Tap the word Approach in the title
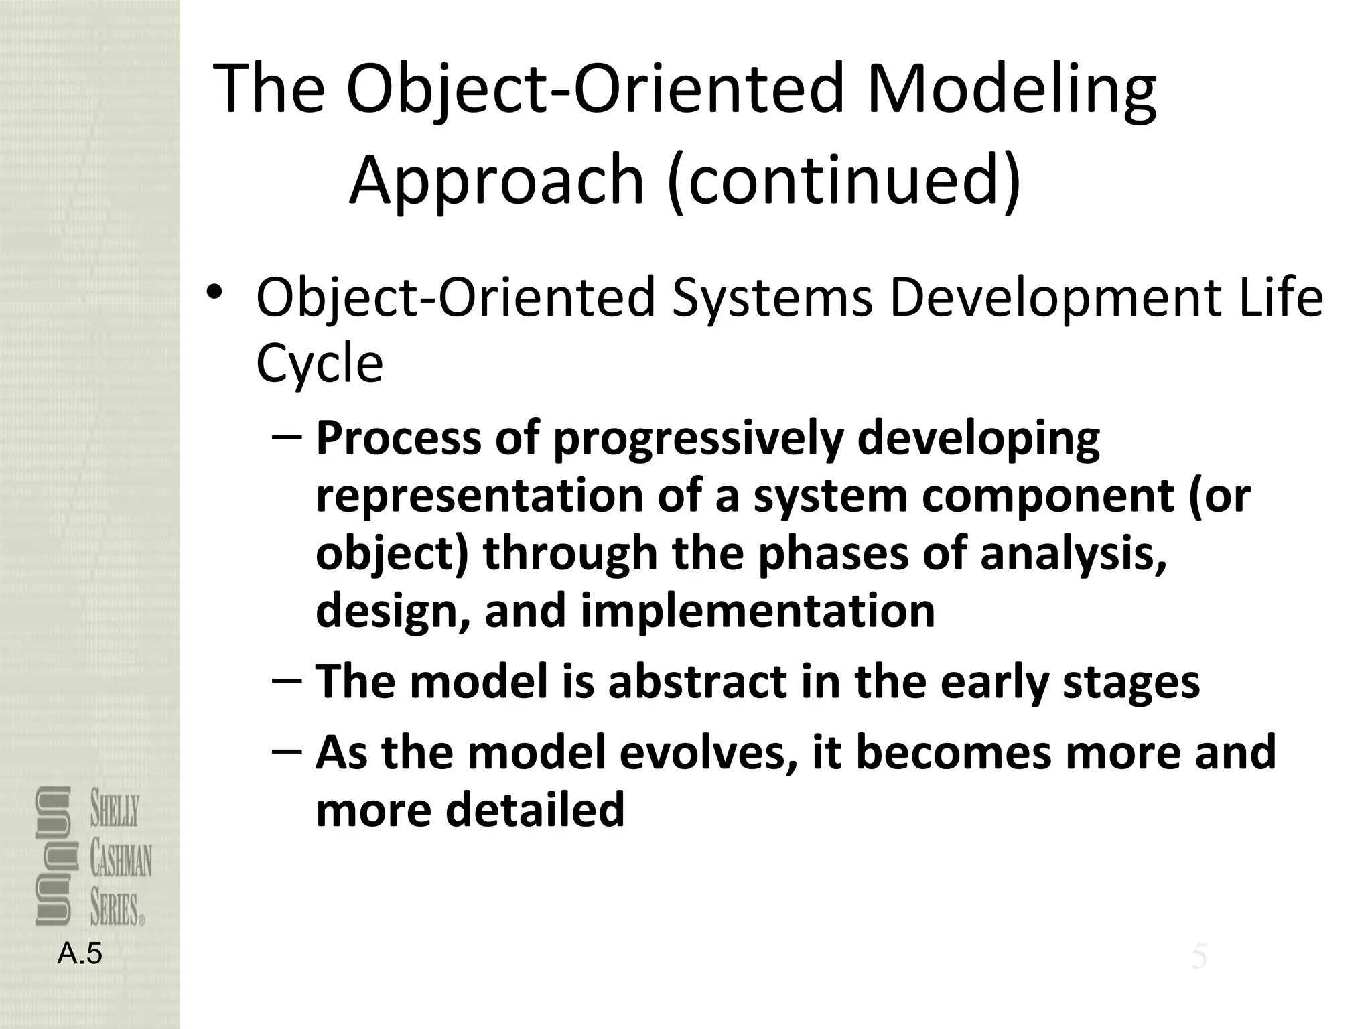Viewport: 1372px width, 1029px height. pos(496,180)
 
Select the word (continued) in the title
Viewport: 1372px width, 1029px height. pos(845,180)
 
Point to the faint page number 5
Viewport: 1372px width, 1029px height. pos(1198,957)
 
